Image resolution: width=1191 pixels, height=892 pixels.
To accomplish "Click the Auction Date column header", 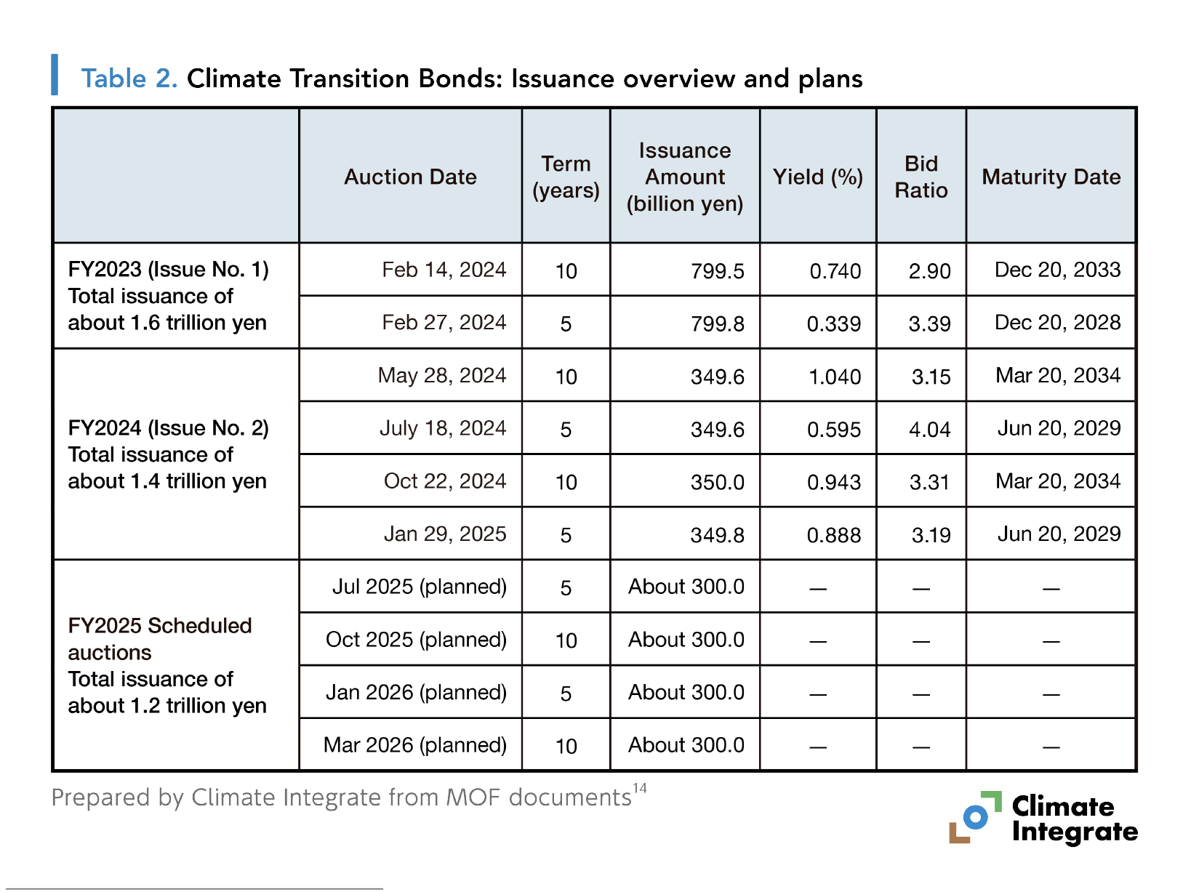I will pyautogui.click(x=410, y=177).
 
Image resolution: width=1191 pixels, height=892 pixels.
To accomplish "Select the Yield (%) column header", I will pyautogui.click(x=817, y=177).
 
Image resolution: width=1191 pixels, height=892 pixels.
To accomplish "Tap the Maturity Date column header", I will pyautogui.click(x=1051, y=177).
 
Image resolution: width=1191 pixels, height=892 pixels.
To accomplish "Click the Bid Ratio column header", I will pyautogui.click(x=921, y=177).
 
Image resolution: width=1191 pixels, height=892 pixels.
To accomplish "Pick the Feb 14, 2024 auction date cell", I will pyautogui.click(x=444, y=270).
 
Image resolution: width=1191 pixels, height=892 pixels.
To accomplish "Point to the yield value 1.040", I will pyautogui.click(x=834, y=377).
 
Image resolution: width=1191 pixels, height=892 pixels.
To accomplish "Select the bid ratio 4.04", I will pyautogui.click(x=929, y=430).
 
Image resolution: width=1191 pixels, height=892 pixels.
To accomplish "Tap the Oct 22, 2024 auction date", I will pyautogui.click(x=444, y=481).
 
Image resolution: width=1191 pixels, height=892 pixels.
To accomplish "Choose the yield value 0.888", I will pyautogui.click(x=833, y=535).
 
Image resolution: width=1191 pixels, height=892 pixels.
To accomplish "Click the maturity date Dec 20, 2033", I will pyautogui.click(x=1057, y=270).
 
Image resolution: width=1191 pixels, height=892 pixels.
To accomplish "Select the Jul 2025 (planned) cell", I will pyautogui.click(x=419, y=587).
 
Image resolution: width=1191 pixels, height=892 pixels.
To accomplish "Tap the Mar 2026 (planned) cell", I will pyautogui.click(x=414, y=745).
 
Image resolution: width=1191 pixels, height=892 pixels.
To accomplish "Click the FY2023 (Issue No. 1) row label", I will pyautogui.click(x=168, y=270).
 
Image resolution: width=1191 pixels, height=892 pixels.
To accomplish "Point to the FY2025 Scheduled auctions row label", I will pyautogui.click(x=160, y=638).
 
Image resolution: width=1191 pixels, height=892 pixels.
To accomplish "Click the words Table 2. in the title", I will pyautogui.click(x=129, y=79).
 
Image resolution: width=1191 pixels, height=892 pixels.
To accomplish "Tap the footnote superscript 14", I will pyautogui.click(x=639, y=788).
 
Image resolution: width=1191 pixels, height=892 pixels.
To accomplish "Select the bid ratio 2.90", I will pyautogui.click(x=929, y=271).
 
